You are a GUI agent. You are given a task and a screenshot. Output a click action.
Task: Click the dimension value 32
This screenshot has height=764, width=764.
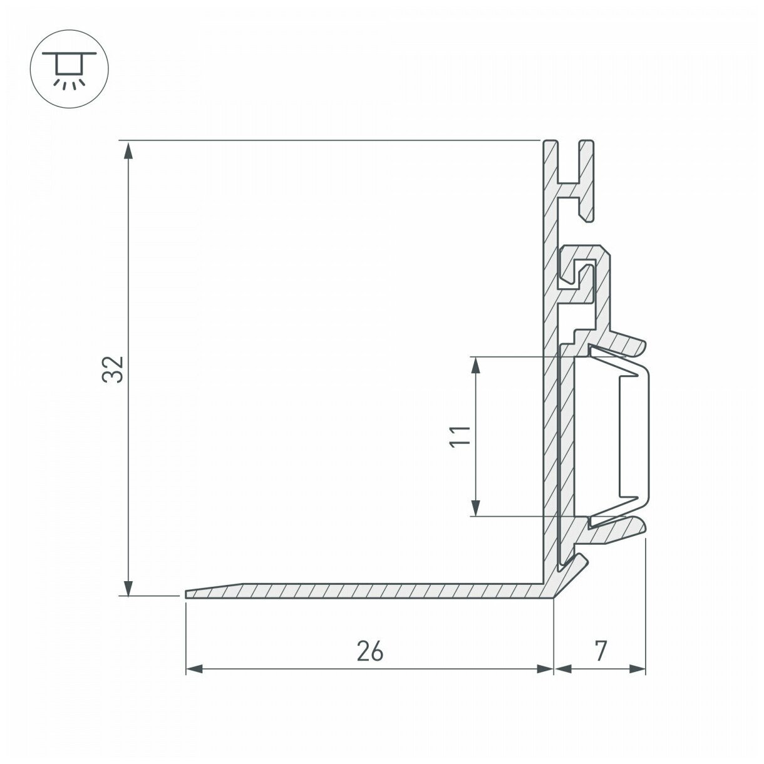(113, 369)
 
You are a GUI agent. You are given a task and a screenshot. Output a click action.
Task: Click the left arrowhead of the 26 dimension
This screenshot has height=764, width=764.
(195, 669)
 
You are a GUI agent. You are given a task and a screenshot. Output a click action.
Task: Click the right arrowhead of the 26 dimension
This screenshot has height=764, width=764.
(545, 669)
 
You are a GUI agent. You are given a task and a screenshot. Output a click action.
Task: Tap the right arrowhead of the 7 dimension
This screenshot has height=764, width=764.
(637, 669)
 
